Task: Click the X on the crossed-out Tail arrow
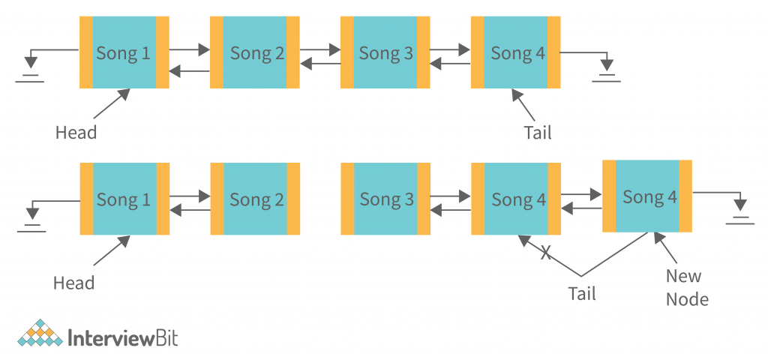545,254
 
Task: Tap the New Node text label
687,287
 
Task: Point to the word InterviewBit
122,337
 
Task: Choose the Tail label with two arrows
581,293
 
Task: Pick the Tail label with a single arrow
537,133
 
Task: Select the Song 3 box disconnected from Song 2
385,199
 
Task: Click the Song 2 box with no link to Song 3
255,199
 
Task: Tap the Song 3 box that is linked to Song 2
385,53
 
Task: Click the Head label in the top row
76,133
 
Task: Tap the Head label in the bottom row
73,283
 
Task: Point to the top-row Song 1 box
124,53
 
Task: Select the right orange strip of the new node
685,196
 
